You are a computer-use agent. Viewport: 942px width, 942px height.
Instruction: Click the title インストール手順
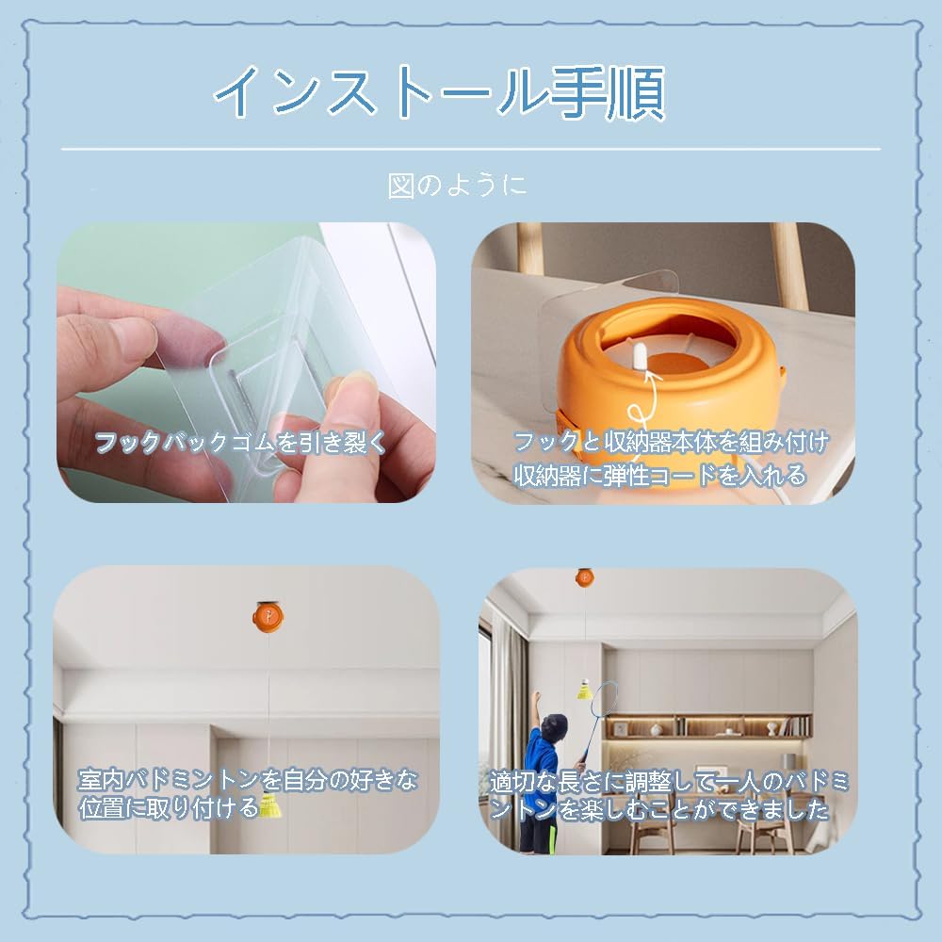click(439, 92)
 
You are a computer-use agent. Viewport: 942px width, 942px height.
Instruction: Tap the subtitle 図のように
click(457, 185)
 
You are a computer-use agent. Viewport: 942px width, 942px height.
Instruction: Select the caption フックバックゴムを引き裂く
click(241, 443)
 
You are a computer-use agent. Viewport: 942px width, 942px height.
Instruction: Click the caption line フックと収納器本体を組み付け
click(671, 442)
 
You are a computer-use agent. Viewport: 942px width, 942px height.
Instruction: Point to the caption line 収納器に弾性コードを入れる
click(659, 475)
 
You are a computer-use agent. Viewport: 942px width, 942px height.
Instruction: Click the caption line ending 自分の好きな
click(248, 780)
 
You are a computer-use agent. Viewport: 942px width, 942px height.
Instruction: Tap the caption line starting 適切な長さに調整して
click(669, 781)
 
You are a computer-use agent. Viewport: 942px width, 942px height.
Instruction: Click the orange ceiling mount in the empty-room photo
click(268, 617)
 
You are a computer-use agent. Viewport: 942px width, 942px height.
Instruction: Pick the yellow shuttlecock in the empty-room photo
click(269, 806)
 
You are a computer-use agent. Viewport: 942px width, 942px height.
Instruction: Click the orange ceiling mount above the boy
click(585, 577)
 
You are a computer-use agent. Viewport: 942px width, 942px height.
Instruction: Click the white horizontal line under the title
click(471, 149)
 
